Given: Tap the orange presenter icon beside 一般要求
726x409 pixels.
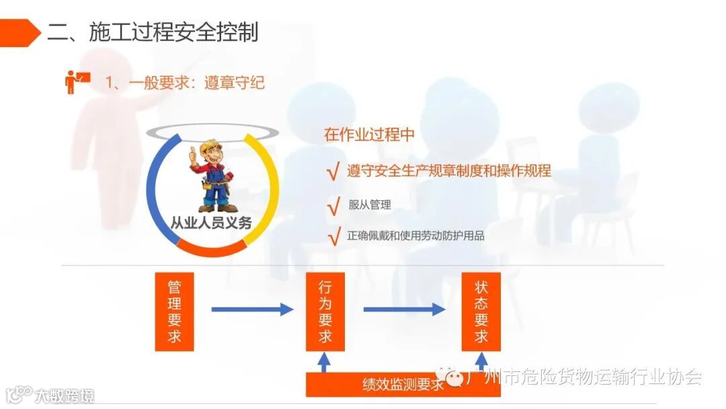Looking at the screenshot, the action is coord(76,81).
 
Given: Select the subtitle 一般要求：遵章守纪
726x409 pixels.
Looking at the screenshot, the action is coord(185,82).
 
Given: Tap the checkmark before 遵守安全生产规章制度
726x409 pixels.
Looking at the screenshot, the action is coord(333,172).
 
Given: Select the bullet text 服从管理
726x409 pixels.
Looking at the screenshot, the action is coord(369,205).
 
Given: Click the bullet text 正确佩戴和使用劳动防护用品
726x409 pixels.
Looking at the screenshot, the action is coord(415,235).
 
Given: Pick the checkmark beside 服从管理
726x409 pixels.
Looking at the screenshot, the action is coord(333,206).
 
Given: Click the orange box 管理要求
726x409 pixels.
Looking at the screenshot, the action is coord(174,311).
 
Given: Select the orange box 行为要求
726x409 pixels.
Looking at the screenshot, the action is coord(325,311).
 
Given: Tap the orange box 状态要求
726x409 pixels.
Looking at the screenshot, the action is coord(481,311).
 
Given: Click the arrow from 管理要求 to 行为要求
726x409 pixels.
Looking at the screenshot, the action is coord(251,309).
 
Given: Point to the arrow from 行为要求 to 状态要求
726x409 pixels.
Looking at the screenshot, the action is coord(403,309).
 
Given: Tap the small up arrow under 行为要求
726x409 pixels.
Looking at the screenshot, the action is coord(324,363).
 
